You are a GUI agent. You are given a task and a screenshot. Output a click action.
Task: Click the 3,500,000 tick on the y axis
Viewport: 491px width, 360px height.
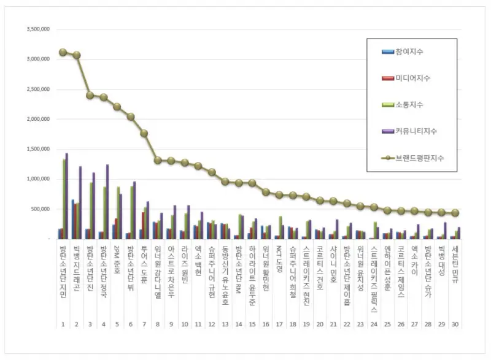(37, 29)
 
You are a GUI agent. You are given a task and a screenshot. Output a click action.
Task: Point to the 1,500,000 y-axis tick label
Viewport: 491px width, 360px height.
(37, 149)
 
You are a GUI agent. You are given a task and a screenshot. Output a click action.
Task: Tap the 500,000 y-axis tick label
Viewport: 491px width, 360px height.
(39, 209)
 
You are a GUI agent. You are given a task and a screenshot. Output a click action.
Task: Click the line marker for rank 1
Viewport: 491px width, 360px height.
(63, 52)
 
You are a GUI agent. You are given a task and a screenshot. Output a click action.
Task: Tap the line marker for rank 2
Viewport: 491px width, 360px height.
(76, 55)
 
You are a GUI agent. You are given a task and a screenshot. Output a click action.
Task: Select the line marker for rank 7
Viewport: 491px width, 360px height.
(144, 133)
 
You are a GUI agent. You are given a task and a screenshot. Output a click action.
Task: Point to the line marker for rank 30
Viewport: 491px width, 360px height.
(455, 213)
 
